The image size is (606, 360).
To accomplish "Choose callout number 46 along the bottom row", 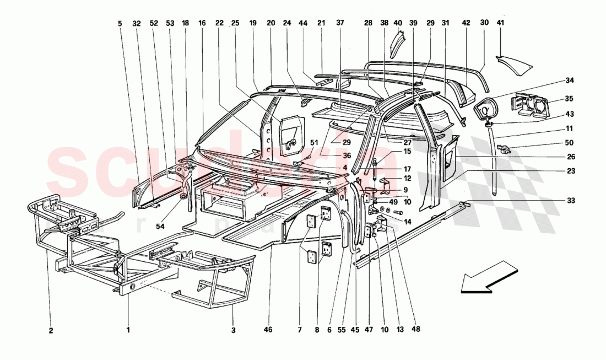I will click(x=268, y=331).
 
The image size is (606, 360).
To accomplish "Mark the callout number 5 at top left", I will click(x=120, y=23).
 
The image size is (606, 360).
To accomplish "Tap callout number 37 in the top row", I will click(x=340, y=23).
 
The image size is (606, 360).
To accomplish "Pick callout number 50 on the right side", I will click(x=570, y=142).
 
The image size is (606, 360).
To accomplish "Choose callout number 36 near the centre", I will click(x=332, y=157).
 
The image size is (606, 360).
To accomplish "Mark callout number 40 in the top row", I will click(x=398, y=23).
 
